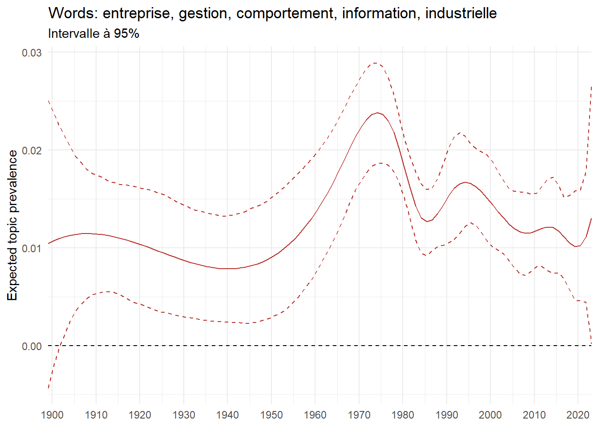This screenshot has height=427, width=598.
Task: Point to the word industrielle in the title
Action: (461, 13)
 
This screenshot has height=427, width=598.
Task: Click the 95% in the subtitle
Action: (126, 33)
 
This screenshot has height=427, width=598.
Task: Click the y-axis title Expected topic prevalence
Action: (12, 225)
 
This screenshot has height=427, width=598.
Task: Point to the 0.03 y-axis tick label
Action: (32, 52)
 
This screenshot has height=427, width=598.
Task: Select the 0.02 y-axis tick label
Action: (32, 150)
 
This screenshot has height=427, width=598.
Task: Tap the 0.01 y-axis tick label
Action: (32, 248)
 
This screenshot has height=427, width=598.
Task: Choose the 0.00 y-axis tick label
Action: (32, 346)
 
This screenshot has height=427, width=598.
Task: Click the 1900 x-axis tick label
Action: (52, 415)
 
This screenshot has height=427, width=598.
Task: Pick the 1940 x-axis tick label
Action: (227, 415)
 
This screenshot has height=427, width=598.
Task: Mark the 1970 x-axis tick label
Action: (359, 415)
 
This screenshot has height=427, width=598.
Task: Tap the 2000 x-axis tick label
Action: (490, 415)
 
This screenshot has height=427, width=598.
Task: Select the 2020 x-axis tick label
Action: (578, 415)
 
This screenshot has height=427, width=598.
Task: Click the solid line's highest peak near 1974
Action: (377, 113)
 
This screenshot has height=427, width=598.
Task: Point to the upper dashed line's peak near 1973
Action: (375, 63)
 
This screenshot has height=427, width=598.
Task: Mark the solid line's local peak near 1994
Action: (465, 182)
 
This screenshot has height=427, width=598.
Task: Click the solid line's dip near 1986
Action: (427, 222)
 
